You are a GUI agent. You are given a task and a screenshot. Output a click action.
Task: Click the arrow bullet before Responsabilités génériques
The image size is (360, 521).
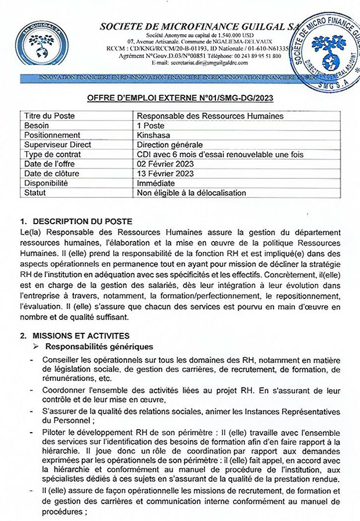pos(36,347)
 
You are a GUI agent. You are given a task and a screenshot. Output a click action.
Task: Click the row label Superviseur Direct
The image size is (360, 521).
pos(56,145)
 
